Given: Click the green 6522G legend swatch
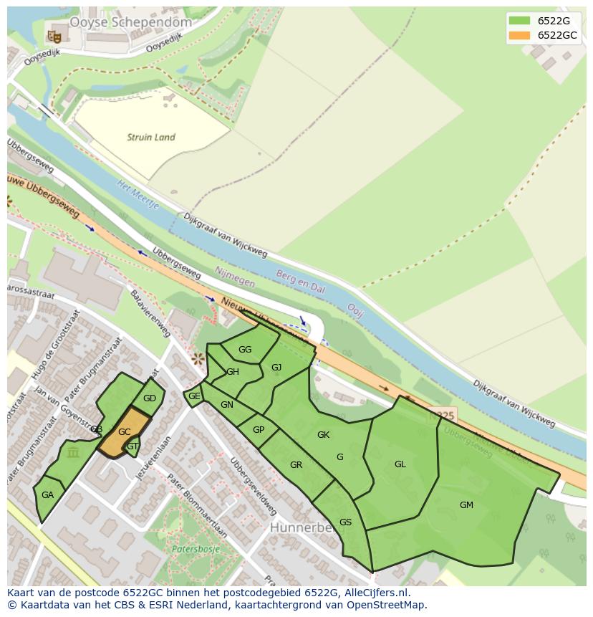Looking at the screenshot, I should click(x=519, y=20).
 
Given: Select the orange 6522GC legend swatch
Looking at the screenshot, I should click(x=519, y=35).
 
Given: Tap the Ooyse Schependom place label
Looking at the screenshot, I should click(x=130, y=22).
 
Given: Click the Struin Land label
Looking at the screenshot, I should click(x=150, y=137).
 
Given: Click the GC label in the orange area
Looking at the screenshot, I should click(x=124, y=432).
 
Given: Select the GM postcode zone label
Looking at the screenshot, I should click(x=466, y=504).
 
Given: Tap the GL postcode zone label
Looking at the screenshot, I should click(x=400, y=464).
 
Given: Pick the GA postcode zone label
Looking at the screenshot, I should click(x=47, y=495).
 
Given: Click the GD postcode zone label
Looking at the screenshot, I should click(x=149, y=398).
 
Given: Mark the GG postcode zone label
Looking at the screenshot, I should click(x=245, y=350).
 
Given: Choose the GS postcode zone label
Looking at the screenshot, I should click(x=345, y=522).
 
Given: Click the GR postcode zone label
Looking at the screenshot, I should click(x=296, y=465).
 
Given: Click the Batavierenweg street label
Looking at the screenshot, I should click(x=152, y=315).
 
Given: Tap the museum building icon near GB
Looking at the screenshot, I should click(x=72, y=452).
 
